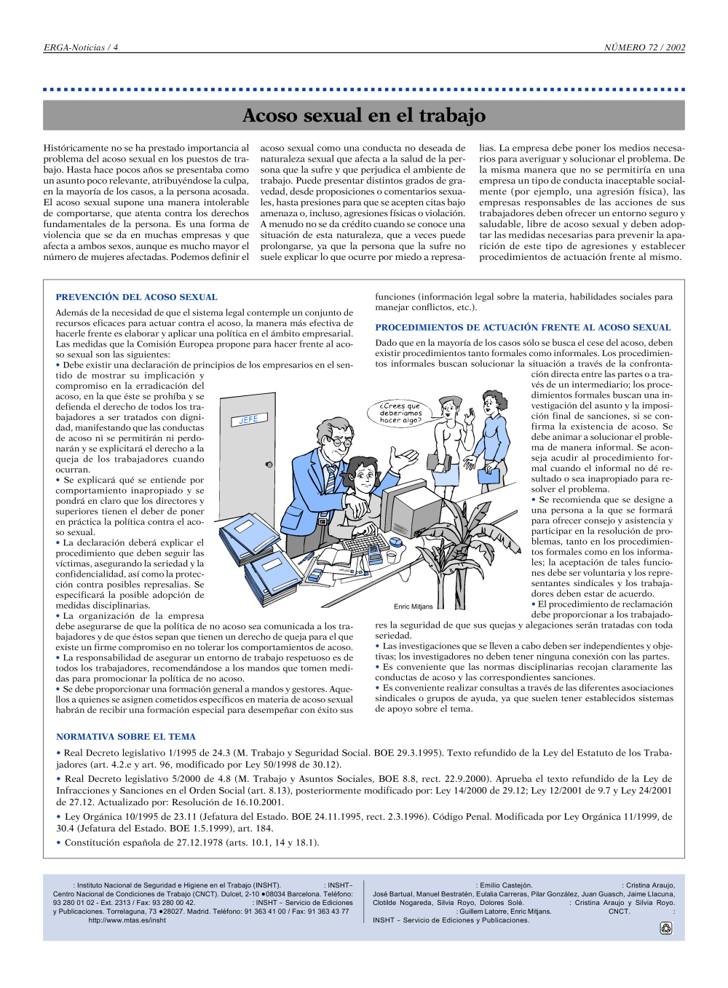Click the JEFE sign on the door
click(x=249, y=419)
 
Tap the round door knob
click(x=269, y=464)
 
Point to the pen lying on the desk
click(x=306, y=558)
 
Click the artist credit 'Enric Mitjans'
click(x=414, y=606)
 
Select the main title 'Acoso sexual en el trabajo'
click(x=364, y=115)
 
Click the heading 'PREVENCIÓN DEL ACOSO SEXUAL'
click(x=136, y=297)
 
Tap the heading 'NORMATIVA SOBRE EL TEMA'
click(x=126, y=737)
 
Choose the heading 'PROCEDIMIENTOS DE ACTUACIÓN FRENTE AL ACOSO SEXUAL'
click(x=523, y=328)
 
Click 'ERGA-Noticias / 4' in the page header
click(x=81, y=47)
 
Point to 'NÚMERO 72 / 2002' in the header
click(x=644, y=47)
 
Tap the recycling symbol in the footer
click(x=665, y=928)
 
